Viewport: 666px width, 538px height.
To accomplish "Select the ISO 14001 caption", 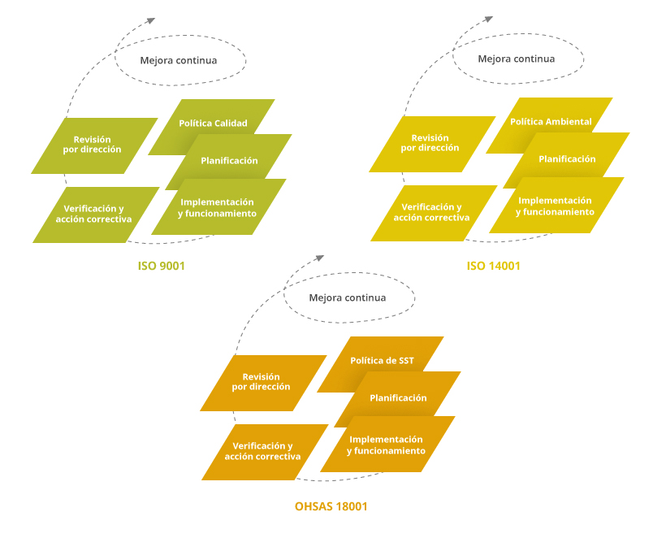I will point(493,266).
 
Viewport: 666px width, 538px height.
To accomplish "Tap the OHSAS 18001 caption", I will point(331,506).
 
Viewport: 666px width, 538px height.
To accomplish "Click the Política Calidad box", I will point(213,123).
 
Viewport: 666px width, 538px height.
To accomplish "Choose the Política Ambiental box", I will point(551,121).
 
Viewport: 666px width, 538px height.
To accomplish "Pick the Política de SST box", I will point(382,360).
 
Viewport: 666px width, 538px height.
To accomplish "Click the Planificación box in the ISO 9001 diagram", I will point(229,160).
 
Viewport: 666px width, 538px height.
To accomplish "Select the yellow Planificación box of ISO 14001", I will point(567,158).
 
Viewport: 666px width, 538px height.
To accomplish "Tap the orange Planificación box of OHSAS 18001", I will point(398,397).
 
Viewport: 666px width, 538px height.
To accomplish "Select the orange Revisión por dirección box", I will point(262,382).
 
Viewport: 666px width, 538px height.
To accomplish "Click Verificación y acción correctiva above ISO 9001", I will point(94,214).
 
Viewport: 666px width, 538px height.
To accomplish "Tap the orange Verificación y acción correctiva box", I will point(263,451).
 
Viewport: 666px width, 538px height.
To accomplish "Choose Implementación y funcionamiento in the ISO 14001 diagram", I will point(556,206).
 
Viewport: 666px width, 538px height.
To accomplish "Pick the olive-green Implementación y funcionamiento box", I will point(218,208).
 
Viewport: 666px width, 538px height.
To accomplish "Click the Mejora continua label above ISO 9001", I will point(179,60).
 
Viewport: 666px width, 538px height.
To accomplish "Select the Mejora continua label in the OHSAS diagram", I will point(348,297).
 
